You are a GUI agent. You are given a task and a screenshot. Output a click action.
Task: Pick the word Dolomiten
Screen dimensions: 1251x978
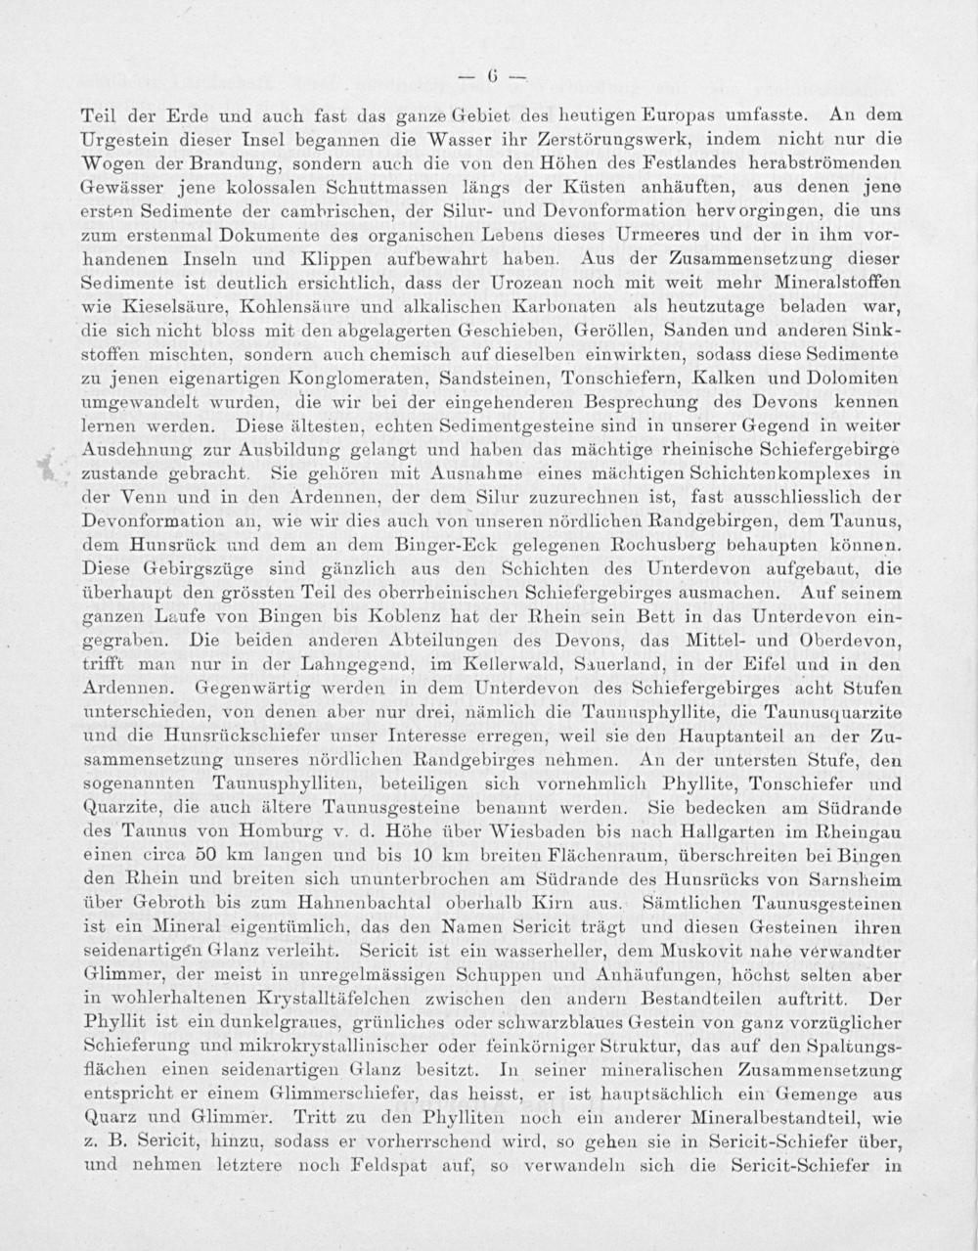tap(850, 378)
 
